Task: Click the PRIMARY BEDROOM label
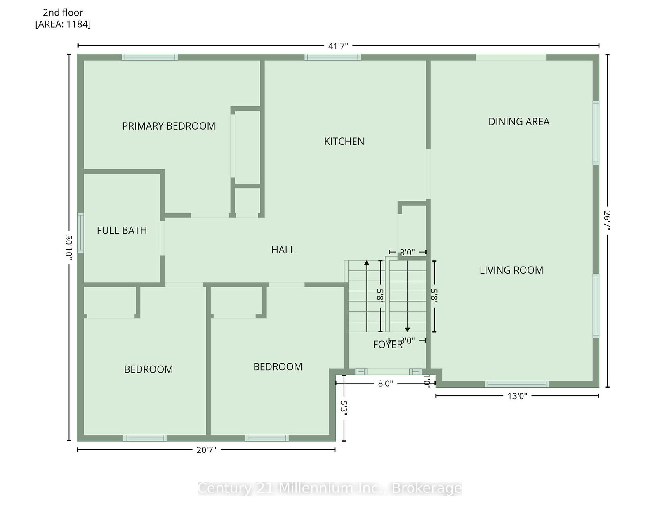pos(169,126)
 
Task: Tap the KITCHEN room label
pos(344,142)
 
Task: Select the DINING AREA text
pos(519,122)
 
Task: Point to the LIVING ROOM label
pos(511,270)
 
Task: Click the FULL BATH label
pos(122,231)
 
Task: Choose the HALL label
pos(283,250)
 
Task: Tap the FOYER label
pos(388,345)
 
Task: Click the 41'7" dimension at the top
pos(338,46)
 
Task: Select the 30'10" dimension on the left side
pos(69,248)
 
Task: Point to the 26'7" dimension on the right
pos(607,221)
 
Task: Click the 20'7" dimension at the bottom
pos(206,450)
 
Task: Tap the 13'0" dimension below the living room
pos(517,396)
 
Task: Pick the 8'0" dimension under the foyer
pos(385,383)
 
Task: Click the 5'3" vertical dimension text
pos(344,408)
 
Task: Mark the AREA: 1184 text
pos(63,24)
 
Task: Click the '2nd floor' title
pos(63,12)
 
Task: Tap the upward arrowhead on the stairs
pos(367,263)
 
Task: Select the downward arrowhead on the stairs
pos(408,329)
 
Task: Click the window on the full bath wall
pos(80,233)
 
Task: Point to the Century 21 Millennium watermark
pos(330,488)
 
